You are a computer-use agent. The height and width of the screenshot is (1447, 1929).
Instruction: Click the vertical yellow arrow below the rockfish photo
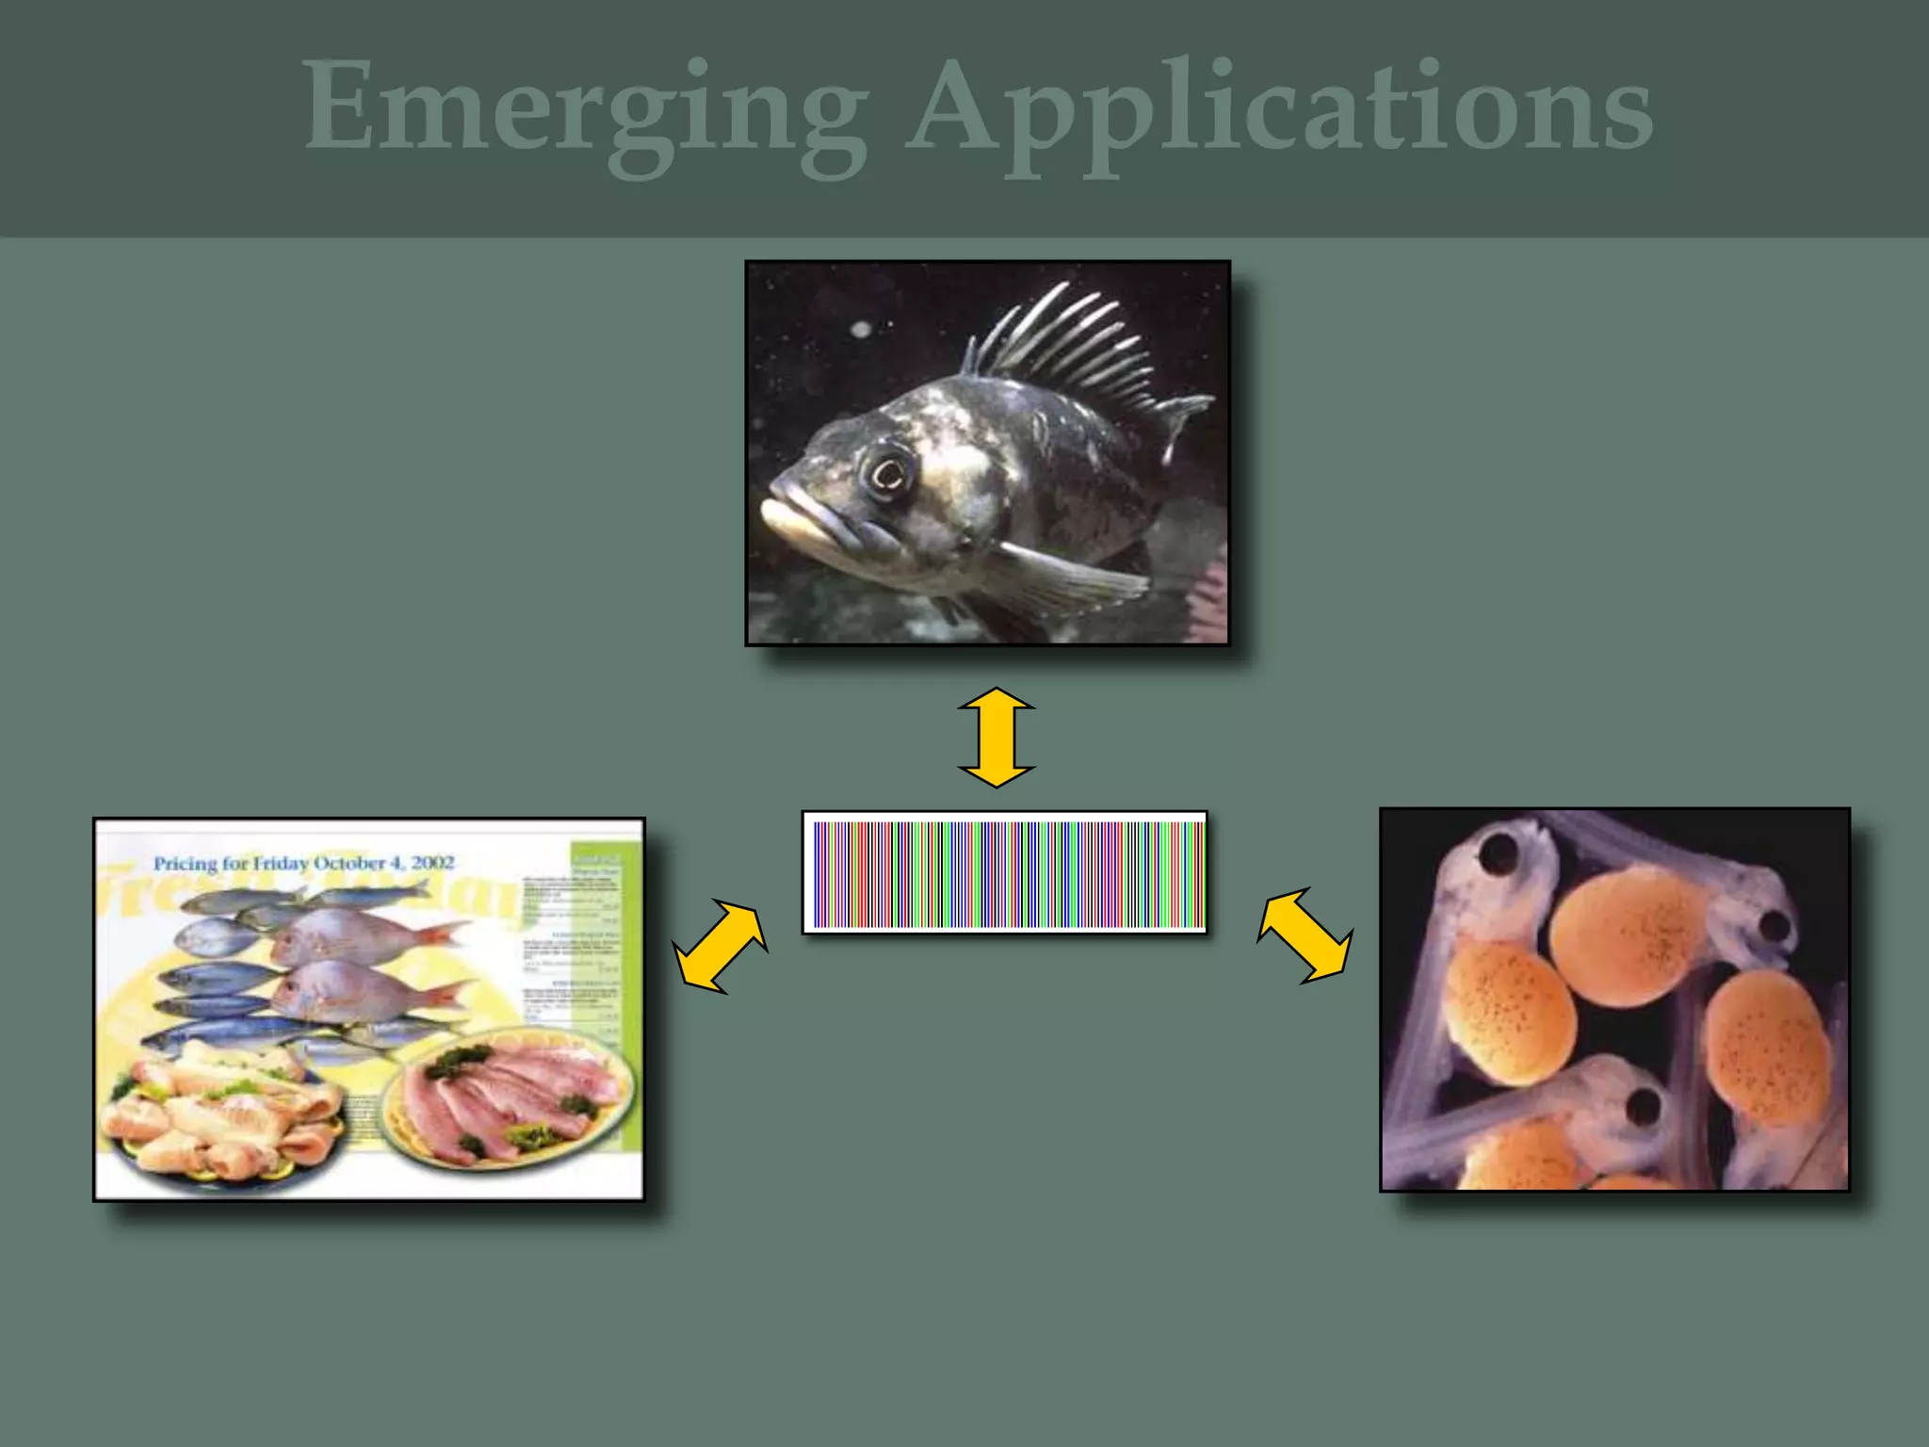point(997,738)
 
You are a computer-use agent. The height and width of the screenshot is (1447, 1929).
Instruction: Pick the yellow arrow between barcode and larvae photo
point(1305,936)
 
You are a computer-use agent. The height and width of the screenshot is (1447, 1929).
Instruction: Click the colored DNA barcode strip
point(1005,873)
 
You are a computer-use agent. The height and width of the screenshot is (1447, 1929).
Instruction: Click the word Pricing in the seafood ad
point(186,863)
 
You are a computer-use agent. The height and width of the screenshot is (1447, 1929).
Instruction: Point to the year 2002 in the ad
point(432,863)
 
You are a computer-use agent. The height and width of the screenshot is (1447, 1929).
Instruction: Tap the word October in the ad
point(349,863)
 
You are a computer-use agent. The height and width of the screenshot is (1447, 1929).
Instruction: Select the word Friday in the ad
point(281,863)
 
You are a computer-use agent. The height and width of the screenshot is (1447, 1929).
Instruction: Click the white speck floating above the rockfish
point(861,329)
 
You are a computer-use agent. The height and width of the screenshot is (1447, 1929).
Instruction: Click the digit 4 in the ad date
point(396,863)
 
